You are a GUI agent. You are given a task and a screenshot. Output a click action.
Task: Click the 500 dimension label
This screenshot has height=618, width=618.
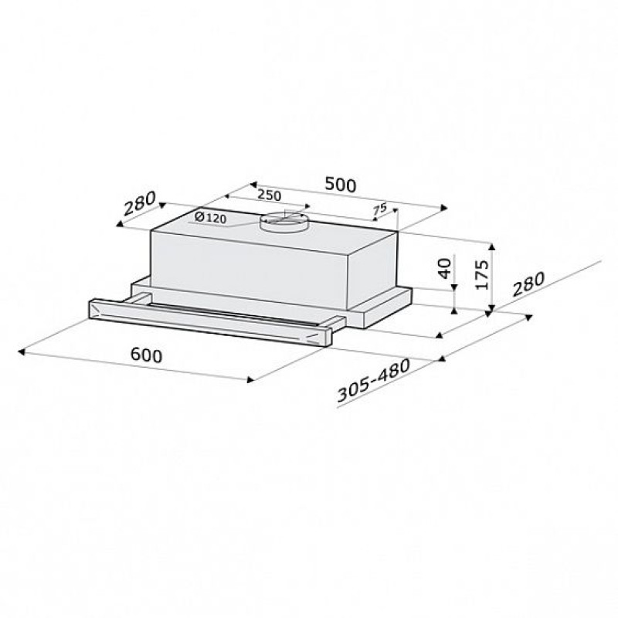pyautogui.click(x=341, y=185)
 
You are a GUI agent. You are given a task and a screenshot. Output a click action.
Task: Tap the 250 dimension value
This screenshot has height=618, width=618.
pyautogui.click(x=269, y=195)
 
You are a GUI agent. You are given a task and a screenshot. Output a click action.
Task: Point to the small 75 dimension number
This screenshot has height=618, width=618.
pyautogui.click(x=380, y=209)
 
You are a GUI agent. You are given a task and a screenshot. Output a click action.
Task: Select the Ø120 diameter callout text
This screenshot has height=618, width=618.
pyautogui.click(x=211, y=218)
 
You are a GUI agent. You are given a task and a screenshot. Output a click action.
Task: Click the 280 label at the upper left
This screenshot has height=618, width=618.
pyautogui.click(x=140, y=203)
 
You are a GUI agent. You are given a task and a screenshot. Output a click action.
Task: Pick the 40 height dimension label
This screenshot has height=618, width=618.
pyautogui.click(x=445, y=268)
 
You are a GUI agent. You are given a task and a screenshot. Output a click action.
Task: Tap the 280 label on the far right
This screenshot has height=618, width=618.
pyautogui.click(x=528, y=284)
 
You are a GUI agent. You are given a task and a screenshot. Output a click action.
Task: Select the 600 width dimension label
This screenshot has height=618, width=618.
pyautogui.click(x=146, y=355)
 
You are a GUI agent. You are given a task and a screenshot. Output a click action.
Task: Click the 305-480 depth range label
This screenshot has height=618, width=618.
pyautogui.click(x=374, y=380)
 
